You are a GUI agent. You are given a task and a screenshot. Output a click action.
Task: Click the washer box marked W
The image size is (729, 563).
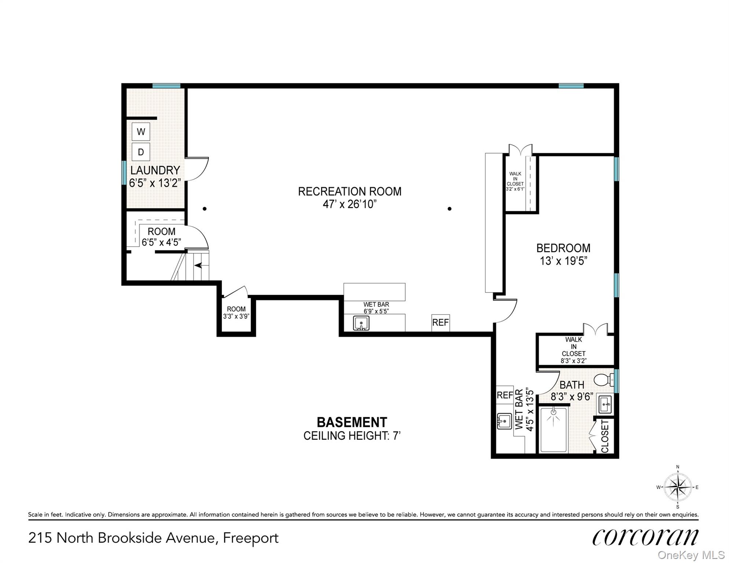coord(141,132)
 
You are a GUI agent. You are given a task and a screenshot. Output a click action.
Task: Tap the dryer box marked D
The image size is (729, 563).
coord(141,152)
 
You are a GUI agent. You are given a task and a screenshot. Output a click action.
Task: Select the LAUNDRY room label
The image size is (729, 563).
coord(155,170)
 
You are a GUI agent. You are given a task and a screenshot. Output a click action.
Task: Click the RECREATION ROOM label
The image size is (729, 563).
coord(349,192)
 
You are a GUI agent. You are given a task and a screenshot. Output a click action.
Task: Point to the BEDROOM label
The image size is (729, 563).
coord(563,249)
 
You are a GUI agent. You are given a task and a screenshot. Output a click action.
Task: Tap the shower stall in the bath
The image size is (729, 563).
coord(553,430)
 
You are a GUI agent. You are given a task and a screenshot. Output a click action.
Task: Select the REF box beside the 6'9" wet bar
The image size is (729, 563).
coord(440,323)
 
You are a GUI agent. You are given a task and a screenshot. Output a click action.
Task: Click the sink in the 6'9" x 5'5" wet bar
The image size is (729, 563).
coord(361,323)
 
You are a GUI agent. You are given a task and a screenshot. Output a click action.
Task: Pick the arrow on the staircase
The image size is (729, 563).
coord(198,265)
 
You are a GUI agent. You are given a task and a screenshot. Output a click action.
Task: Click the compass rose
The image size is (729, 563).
coord(678,487)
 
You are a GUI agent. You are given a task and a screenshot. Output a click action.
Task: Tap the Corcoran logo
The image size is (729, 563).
coord(645,537)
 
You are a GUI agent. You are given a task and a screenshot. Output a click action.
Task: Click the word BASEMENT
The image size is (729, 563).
coord(351,423)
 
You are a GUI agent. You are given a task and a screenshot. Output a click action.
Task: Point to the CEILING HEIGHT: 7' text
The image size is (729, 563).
coord(351,436)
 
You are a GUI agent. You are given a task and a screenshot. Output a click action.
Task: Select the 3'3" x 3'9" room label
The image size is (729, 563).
coord(236,313)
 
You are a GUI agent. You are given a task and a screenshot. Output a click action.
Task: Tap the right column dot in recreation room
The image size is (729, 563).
coord(449,209)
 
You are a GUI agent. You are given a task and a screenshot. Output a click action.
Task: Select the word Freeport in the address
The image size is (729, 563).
coord(251,538)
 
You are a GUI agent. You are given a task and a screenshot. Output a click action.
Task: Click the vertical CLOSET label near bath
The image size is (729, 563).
coord(605,436)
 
